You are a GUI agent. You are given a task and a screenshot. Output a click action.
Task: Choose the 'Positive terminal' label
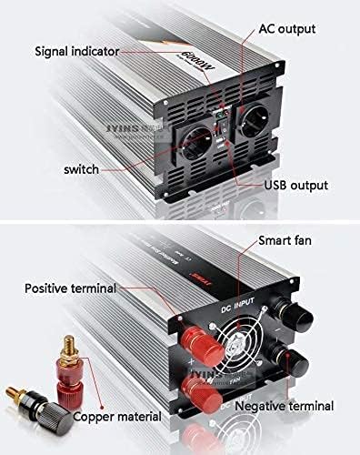71,288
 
